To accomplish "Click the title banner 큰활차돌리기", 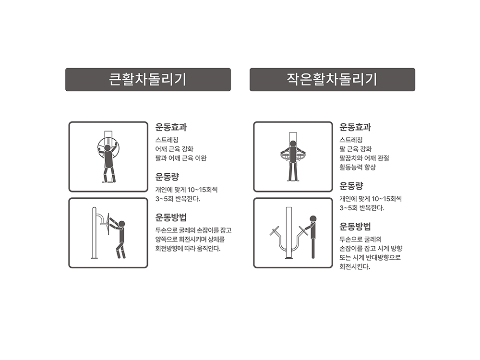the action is [x=148, y=80].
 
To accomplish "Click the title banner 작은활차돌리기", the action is [x=332, y=80].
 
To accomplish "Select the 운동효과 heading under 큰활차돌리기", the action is [x=171, y=127].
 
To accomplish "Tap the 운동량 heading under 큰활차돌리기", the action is [x=167, y=177].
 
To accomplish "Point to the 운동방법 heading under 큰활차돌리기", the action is [x=171, y=217].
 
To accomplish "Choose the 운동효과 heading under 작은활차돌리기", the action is [x=355, y=127].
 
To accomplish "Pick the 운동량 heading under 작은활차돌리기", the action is [x=351, y=186].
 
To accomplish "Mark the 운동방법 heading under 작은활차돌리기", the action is [x=355, y=227].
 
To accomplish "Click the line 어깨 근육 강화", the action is [x=174, y=149].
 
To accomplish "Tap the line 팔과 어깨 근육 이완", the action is [x=181, y=158].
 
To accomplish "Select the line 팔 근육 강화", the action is [x=355, y=149].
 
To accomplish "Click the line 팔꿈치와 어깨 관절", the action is [x=364, y=158].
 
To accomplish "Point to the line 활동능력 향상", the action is [x=358, y=167].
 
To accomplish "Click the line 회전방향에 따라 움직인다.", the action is [x=188, y=249].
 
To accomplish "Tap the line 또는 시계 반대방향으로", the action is [x=370, y=257].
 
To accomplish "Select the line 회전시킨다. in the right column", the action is [x=355, y=266].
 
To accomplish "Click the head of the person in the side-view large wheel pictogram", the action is [x=122, y=224].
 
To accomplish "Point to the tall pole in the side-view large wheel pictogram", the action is [x=94, y=233].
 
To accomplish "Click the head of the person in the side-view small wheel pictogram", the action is [x=313, y=219].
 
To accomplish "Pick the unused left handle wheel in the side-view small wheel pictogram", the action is [x=274, y=230].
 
